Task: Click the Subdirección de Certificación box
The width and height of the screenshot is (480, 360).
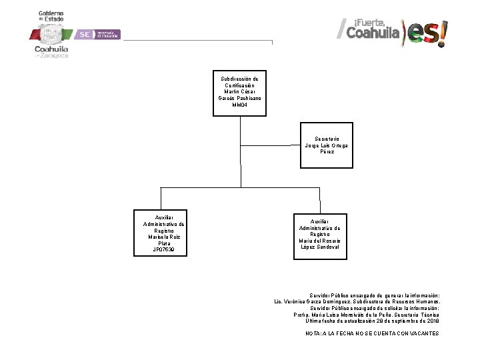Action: (x=240, y=92)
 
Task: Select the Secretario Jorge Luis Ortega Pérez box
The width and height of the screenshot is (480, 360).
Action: (x=326, y=145)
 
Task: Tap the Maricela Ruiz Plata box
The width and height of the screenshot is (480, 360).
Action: (x=164, y=233)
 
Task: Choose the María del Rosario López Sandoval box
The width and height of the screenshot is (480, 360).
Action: (x=319, y=234)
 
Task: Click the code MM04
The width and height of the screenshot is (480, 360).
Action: (x=240, y=105)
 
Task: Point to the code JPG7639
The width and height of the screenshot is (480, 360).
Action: (x=164, y=250)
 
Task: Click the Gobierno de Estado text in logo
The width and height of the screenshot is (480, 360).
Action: (x=51, y=16)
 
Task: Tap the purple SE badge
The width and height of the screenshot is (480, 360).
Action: (x=85, y=34)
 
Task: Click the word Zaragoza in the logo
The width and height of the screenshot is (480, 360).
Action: (x=54, y=56)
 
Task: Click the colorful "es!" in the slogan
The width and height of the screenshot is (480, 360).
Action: (x=427, y=32)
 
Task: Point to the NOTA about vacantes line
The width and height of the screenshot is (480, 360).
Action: (x=372, y=333)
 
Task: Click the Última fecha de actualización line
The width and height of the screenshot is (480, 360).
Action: (x=372, y=321)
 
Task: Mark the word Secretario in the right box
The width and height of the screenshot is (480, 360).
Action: (x=326, y=139)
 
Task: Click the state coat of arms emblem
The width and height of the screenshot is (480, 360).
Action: (x=51, y=34)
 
